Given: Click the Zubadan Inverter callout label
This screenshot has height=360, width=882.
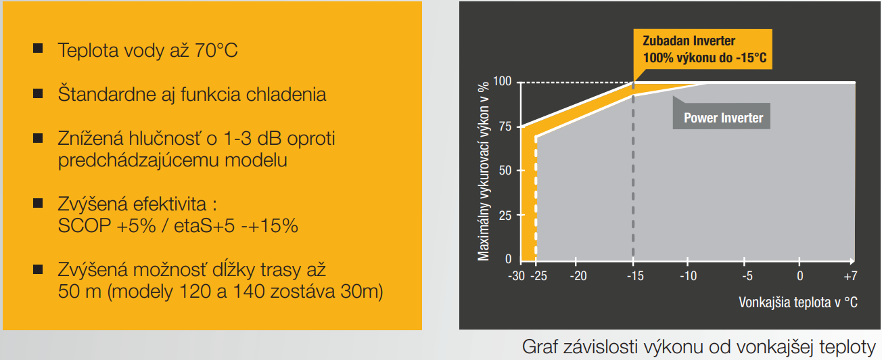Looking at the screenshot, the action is point(703,49).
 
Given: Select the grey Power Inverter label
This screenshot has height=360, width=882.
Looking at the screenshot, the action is point(721,116).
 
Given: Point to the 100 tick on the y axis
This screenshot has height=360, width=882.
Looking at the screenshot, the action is point(502,81).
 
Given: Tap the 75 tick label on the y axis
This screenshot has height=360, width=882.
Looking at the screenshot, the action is point(505,127).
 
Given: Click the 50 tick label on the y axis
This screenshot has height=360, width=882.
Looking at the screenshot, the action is point(505,171).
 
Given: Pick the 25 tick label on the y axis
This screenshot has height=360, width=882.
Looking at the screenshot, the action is point(505,215).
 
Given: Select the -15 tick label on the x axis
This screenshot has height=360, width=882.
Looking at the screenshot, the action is point(635,275).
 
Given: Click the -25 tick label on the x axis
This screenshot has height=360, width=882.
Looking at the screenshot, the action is point(538,275).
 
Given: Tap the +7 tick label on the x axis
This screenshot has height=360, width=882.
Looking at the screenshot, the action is point(850,275).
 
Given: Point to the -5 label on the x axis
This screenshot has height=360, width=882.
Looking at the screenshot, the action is point(747,275).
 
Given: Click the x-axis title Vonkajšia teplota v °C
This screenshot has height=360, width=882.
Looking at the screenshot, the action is point(797,302).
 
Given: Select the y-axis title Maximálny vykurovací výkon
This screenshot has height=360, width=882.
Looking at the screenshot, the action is point(483,171).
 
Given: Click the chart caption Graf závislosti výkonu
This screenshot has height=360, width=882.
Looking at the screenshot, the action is point(699,347).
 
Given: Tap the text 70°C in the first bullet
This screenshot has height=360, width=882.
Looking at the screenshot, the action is point(216,51).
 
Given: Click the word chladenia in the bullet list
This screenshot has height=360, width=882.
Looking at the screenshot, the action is point(283,95).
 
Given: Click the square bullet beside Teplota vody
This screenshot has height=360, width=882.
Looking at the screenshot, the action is point(38,49).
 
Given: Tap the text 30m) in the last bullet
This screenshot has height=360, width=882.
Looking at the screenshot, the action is point(361,292).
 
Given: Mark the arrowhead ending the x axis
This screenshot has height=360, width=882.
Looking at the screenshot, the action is point(852,261).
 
